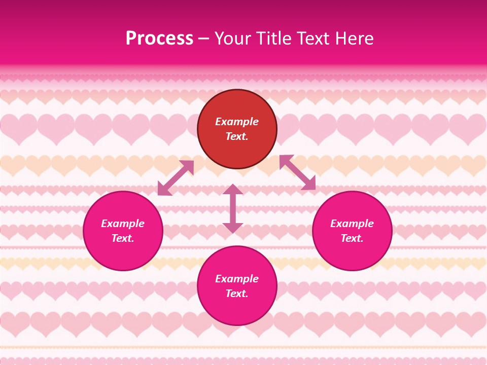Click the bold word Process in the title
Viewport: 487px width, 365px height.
(x=159, y=39)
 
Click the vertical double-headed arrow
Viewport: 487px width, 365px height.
(x=233, y=208)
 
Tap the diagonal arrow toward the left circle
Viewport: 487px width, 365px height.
(x=176, y=178)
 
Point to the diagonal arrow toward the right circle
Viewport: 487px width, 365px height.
(x=297, y=172)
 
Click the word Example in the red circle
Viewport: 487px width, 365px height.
(x=237, y=122)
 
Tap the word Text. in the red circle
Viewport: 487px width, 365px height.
(x=237, y=136)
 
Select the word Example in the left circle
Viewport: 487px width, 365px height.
(x=123, y=224)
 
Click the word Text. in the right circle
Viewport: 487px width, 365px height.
(x=352, y=238)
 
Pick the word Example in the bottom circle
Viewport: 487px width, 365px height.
(x=237, y=279)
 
